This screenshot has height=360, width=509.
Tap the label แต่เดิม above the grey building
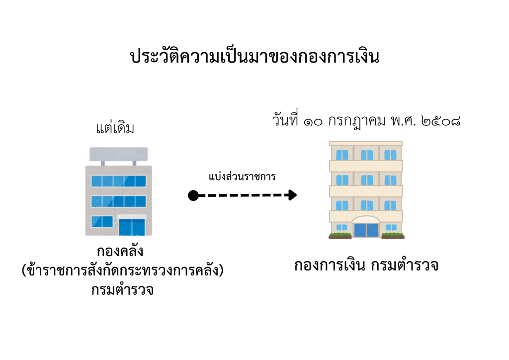(115, 128)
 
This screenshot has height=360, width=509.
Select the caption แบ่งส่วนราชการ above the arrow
(242, 176)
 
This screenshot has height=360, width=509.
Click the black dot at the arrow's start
(193, 195)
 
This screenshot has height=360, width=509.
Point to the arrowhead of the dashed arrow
(292, 195)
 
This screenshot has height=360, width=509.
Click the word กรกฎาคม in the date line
(356, 121)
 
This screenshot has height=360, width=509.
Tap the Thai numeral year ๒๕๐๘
(441, 121)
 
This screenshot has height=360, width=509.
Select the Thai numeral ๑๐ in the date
(313, 122)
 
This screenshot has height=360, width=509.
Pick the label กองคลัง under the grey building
(120, 251)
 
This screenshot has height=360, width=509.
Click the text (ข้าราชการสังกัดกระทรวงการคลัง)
(122, 270)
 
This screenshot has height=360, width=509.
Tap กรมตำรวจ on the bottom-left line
(122, 289)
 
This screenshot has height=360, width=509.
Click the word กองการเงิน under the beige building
(330, 265)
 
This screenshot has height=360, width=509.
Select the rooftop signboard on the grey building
(118, 154)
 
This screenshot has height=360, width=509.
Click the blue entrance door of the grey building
(132, 227)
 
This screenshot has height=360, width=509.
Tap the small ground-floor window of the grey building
(102, 222)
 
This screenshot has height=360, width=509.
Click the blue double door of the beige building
(366, 230)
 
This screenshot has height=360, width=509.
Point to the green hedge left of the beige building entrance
(340, 235)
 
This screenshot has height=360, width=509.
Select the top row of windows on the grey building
(118, 181)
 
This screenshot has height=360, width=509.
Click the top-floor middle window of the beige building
(367, 155)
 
